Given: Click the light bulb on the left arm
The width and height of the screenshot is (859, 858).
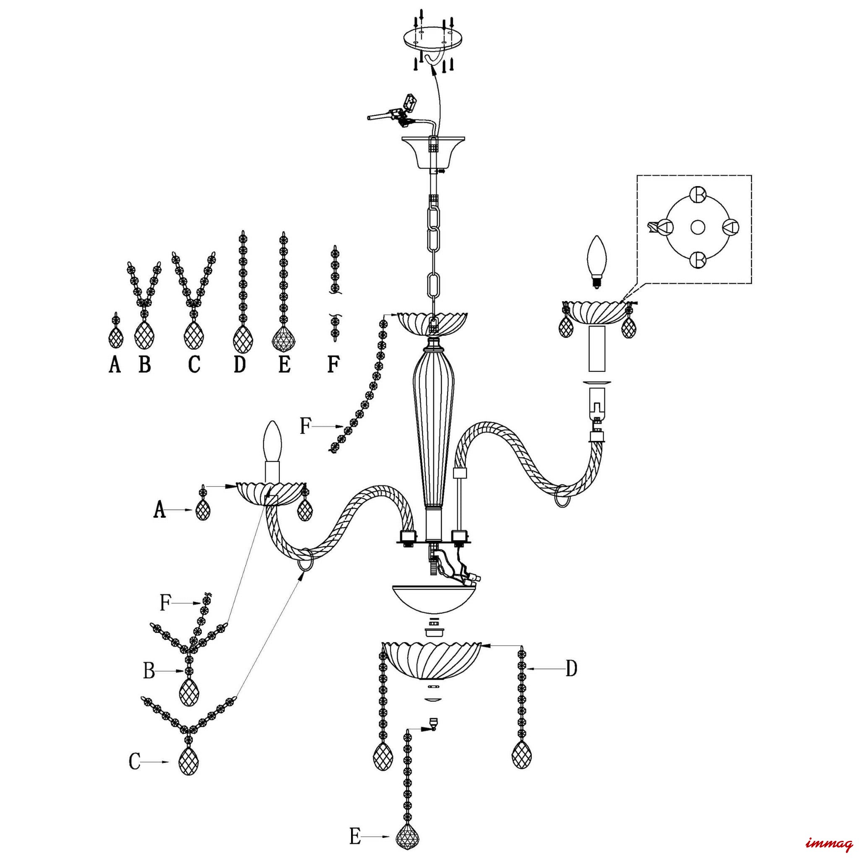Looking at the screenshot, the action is pyautogui.click(x=273, y=442).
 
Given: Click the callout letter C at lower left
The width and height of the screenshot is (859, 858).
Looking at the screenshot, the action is pyautogui.click(x=135, y=762).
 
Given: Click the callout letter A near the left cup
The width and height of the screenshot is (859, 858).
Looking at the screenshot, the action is pyautogui.click(x=159, y=510).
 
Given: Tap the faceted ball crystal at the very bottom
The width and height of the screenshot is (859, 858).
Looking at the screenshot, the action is pyautogui.click(x=408, y=837).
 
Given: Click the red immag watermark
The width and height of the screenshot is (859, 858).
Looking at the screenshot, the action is pyautogui.click(x=831, y=842).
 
